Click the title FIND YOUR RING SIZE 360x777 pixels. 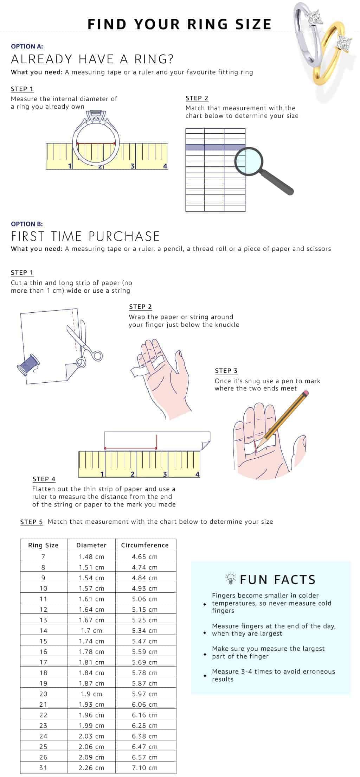click(x=179, y=24)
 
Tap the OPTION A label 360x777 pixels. click(x=27, y=46)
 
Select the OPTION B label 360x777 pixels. click(x=27, y=224)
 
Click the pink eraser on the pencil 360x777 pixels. click(x=306, y=392)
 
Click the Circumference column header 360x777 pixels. click(x=145, y=545)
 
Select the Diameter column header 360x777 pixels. click(x=91, y=545)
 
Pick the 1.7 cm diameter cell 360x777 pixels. click(x=91, y=631)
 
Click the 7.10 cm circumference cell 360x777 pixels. click(x=145, y=768)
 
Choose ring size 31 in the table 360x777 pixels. click(x=43, y=768)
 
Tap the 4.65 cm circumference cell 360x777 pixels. click(x=145, y=557)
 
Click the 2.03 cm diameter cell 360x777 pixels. click(x=91, y=736)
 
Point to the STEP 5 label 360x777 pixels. click(x=31, y=522)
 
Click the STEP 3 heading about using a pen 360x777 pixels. click(x=226, y=371)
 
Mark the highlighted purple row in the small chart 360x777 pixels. click(x=215, y=147)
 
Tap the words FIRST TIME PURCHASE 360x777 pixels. click(x=85, y=236)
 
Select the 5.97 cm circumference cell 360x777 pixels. click(x=145, y=694)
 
